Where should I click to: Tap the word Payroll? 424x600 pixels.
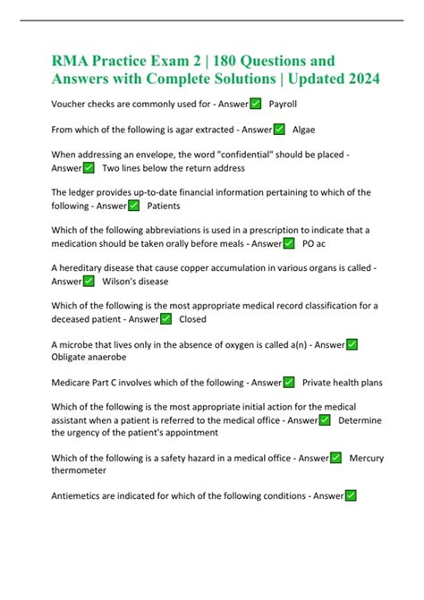coord(283,105)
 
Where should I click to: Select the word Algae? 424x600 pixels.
coord(304,130)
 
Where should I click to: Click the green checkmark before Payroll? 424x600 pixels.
coord(256,105)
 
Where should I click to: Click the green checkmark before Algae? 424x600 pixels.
coord(279,130)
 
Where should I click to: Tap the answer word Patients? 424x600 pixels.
coord(164,206)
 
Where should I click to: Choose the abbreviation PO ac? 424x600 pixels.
coord(314,243)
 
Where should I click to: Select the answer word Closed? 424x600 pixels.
coord(193,318)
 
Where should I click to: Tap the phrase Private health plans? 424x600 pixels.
coord(343,382)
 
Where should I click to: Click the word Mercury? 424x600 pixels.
coord(367,458)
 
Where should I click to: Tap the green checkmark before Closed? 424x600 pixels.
coord(166,318)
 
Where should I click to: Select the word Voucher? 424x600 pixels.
coord(72,105)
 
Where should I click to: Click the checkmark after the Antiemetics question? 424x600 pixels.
coord(352,495)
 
